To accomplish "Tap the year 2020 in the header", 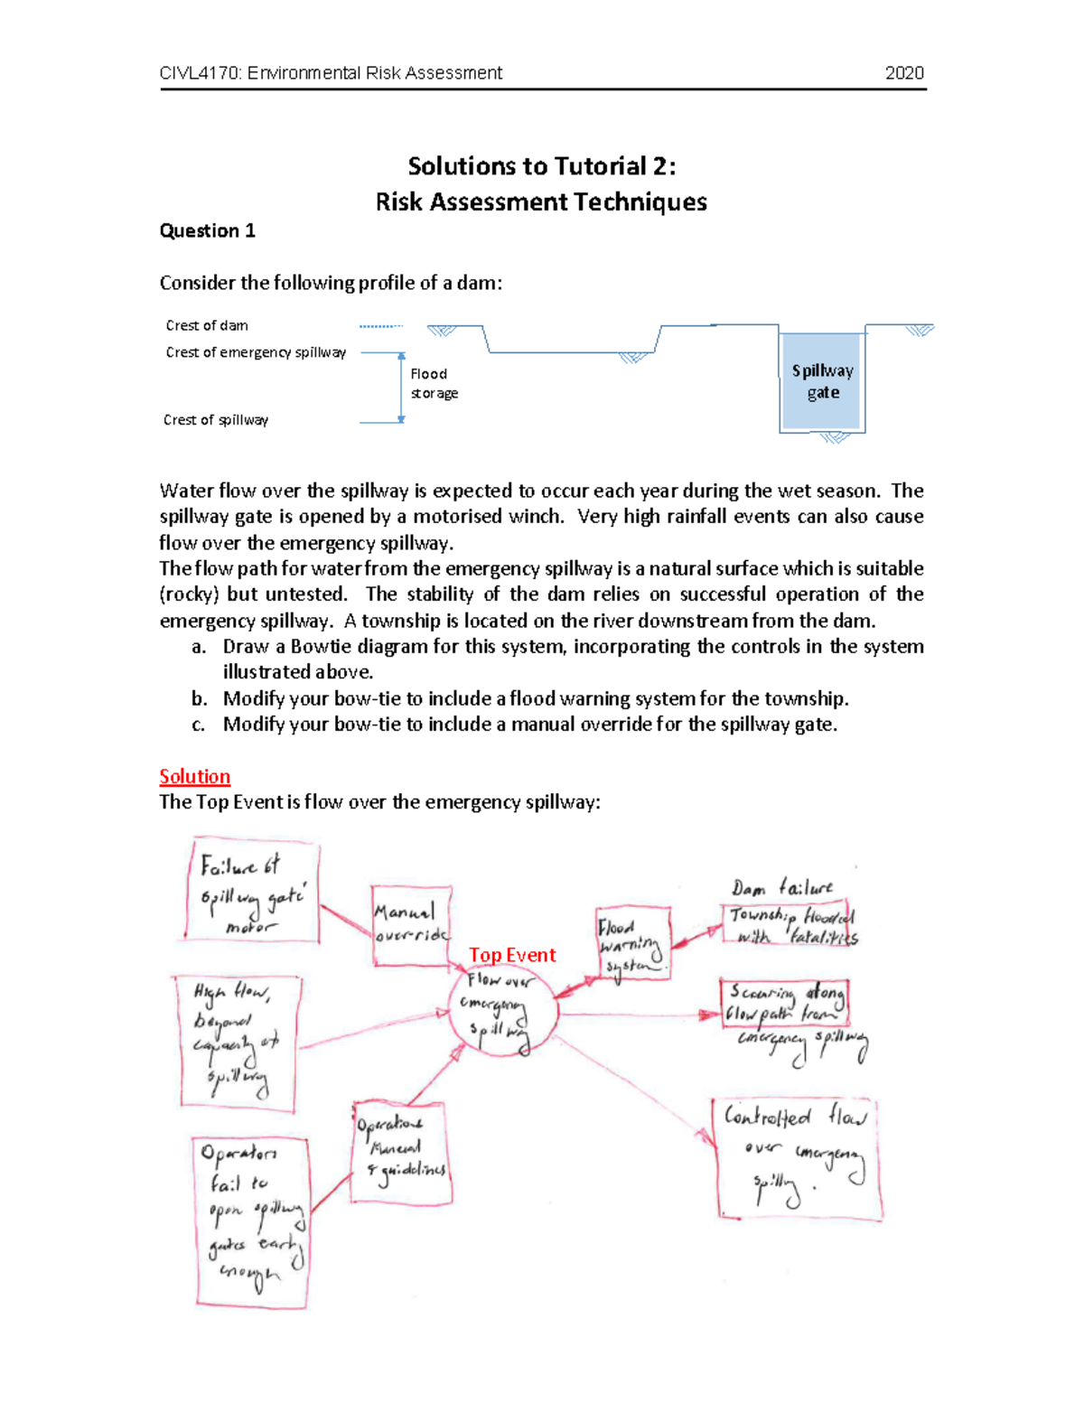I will [904, 73].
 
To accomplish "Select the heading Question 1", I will [207, 231].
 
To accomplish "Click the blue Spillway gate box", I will [822, 381].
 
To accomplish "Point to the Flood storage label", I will [434, 383].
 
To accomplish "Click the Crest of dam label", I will [207, 325].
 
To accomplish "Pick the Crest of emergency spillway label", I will [256, 352].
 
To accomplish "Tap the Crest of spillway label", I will [216, 420].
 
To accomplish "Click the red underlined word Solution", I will [194, 777].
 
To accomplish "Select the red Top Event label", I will [512, 955].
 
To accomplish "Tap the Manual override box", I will [411, 925].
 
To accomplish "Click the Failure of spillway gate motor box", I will [252, 893].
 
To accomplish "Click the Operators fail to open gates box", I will [252, 1221].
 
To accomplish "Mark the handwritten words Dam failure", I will [782, 888].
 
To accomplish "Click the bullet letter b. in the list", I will [199, 698].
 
